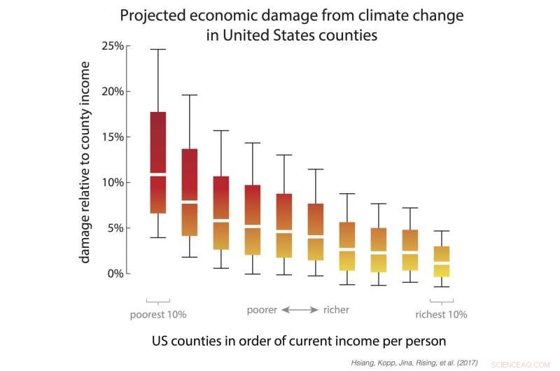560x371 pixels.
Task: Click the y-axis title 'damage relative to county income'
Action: point(85,161)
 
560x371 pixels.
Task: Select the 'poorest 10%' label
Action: point(158,314)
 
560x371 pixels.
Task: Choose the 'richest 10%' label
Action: point(441,314)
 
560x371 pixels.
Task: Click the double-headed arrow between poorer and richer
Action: point(300,309)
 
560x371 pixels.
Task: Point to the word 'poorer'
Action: point(262,309)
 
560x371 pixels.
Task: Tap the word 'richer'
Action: point(336,309)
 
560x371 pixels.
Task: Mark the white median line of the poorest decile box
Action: point(158,174)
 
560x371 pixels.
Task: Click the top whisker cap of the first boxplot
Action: point(158,50)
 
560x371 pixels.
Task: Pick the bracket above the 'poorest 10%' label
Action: point(158,302)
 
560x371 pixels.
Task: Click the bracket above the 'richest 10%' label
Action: point(441,302)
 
